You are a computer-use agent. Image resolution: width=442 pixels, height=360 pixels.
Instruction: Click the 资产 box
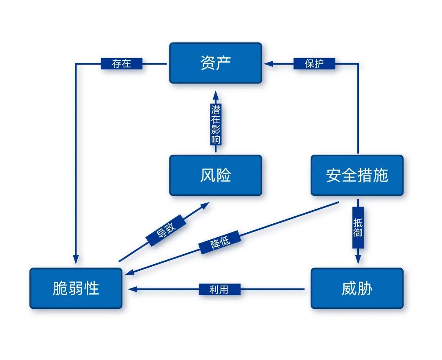(x=216, y=63)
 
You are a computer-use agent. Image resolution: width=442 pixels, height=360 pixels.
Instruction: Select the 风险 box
(x=216, y=175)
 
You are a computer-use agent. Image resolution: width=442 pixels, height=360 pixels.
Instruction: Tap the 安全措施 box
(x=357, y=175)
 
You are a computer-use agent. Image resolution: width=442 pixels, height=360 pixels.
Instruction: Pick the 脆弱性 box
(x=76, y=288)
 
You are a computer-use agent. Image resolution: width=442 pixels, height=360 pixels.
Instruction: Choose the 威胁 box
(x=357, y=288)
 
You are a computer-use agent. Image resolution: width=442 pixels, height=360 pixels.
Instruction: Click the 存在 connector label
(x=122, y=64)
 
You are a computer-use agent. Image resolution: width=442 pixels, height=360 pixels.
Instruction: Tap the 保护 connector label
(x=314, y=64)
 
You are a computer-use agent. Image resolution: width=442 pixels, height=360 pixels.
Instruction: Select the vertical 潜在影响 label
(x=216, y=124)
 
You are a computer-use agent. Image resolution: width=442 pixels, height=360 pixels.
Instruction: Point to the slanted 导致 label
(x=166, y=230)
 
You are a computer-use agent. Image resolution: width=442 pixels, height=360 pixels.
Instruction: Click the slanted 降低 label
(x=220, y=243)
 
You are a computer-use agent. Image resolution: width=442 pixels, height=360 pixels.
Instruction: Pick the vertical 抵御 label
(x=358, y=228)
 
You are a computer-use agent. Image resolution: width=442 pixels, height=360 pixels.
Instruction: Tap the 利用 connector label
(x=219, y=289)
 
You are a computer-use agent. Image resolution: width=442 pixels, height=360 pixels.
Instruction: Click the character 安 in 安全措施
(x=334, y=175)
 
